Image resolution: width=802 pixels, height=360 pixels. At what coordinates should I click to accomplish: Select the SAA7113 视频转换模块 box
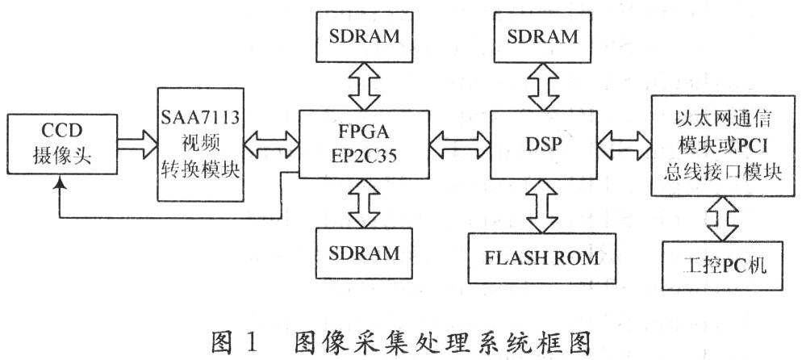(x=201, y=146)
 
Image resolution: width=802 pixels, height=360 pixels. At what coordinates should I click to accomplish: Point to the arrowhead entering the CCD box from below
(x=60, y=187)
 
